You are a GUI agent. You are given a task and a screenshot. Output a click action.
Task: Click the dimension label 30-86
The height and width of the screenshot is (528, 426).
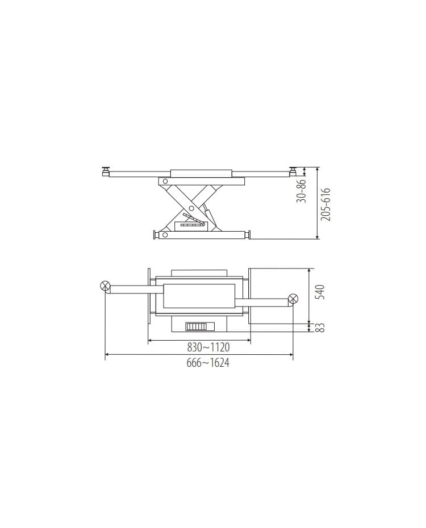[302, 190]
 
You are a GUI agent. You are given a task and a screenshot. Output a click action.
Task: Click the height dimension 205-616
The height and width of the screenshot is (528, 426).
[325, 204]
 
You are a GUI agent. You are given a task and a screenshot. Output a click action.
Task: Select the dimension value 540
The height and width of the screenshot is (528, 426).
[319, 292]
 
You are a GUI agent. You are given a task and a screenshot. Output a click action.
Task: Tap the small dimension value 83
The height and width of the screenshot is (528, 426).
[319, 328]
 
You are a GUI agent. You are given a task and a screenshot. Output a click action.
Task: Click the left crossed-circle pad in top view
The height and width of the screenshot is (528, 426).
[105, 286]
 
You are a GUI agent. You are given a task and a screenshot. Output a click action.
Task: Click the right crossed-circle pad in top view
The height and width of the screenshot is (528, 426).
[293, 299]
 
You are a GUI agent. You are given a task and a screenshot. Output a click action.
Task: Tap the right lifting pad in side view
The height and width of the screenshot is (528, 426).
[294, 169]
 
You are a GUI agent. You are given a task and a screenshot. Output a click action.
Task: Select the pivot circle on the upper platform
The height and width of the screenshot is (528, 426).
[165, 181]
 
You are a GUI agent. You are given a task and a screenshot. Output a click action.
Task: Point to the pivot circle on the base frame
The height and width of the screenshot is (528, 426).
[165, 234]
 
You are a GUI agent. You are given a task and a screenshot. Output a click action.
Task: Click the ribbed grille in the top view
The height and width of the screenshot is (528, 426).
[195, 327]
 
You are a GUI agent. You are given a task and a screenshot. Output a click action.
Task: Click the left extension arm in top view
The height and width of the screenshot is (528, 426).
[131, 289]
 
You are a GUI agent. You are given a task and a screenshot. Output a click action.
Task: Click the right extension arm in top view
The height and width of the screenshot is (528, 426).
[267, 302]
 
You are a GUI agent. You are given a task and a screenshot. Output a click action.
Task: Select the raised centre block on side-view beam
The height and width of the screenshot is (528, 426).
[201, 172]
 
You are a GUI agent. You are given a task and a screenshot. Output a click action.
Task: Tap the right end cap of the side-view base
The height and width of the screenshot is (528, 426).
[247, 234]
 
